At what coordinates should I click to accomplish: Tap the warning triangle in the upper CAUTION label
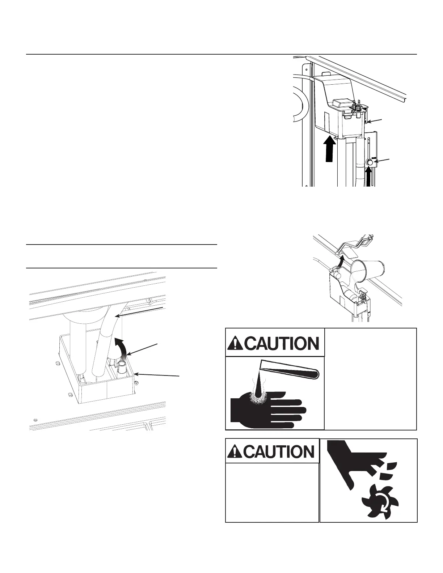click(x=236, y=343)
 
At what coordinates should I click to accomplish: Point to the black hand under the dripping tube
click(x=268, y=407)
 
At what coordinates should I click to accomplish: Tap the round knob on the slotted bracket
click(x=370, y=163)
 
